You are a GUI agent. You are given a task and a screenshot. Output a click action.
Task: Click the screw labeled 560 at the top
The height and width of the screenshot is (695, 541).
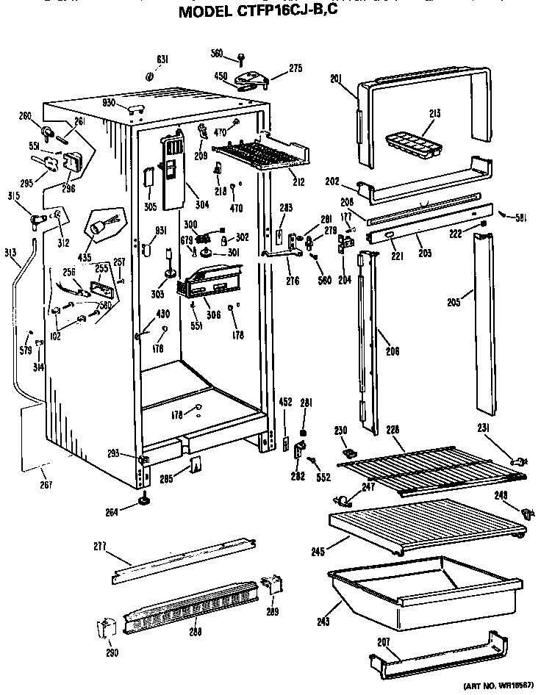[241, 56]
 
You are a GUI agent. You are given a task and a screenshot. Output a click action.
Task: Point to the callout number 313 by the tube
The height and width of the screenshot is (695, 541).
[10, 252]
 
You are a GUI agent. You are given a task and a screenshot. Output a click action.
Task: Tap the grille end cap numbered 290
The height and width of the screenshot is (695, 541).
[107, 629]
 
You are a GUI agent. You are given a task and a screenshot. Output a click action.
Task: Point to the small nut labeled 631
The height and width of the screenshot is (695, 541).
[148, 76]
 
